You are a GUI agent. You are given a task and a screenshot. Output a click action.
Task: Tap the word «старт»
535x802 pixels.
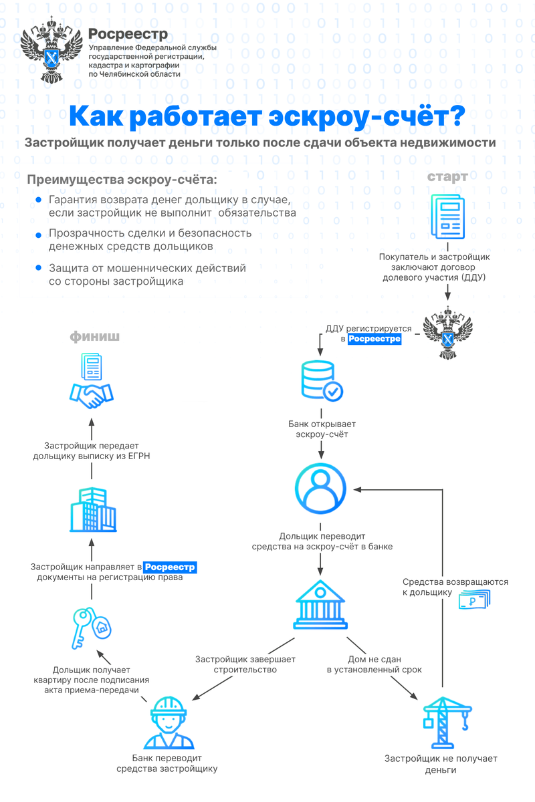tap(448, 177)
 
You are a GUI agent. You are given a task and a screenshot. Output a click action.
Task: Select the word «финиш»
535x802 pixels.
tap(95, 336)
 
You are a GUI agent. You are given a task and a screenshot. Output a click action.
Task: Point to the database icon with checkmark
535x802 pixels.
tap(322, 382)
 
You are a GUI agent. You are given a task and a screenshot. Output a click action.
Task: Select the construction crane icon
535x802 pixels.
tap(441, 722)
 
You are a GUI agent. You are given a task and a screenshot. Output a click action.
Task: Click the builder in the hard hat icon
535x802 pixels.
tap(167, 722)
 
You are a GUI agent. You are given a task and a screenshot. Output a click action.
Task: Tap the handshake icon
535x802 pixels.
tap(92, 395)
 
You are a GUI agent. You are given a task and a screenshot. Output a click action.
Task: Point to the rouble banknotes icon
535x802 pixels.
tap(475, 600)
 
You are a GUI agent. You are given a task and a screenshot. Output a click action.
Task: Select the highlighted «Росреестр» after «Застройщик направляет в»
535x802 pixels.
tap(171, 567)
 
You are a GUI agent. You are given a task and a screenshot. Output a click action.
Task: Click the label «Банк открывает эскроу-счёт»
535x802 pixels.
tap(322, 429)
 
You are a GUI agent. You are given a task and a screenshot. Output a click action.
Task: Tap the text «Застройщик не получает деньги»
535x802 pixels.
tap(441, 764)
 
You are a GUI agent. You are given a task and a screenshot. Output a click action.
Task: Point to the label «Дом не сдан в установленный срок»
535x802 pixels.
tap(374, 664)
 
